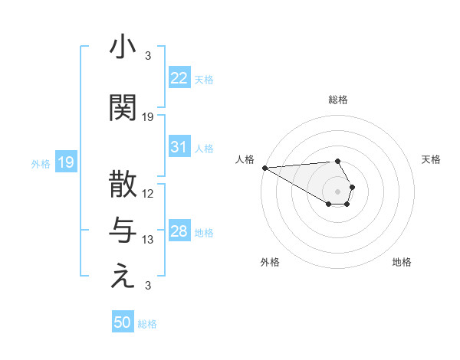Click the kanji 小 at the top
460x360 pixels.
coord(123,47)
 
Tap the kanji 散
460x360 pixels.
coord(123,185)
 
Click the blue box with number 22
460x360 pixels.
coord(179,78)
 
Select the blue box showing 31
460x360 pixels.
coord(179,147)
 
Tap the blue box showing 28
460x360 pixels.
coord(179,232)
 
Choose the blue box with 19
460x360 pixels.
coord(65,162)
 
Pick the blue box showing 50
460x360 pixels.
coord(123,322)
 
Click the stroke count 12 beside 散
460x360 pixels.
coord(148,194)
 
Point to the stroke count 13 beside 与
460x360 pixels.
coord(148,240)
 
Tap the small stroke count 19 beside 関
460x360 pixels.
coord(148,117)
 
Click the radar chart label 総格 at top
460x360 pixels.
coord(337,100)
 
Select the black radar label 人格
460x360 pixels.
coord(245,159)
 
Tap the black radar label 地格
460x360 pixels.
coord(402,262)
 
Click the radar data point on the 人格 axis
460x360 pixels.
coord(264,168)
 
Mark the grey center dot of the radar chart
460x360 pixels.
coord(337,191)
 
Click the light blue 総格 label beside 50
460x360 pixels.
coord(147,324)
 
